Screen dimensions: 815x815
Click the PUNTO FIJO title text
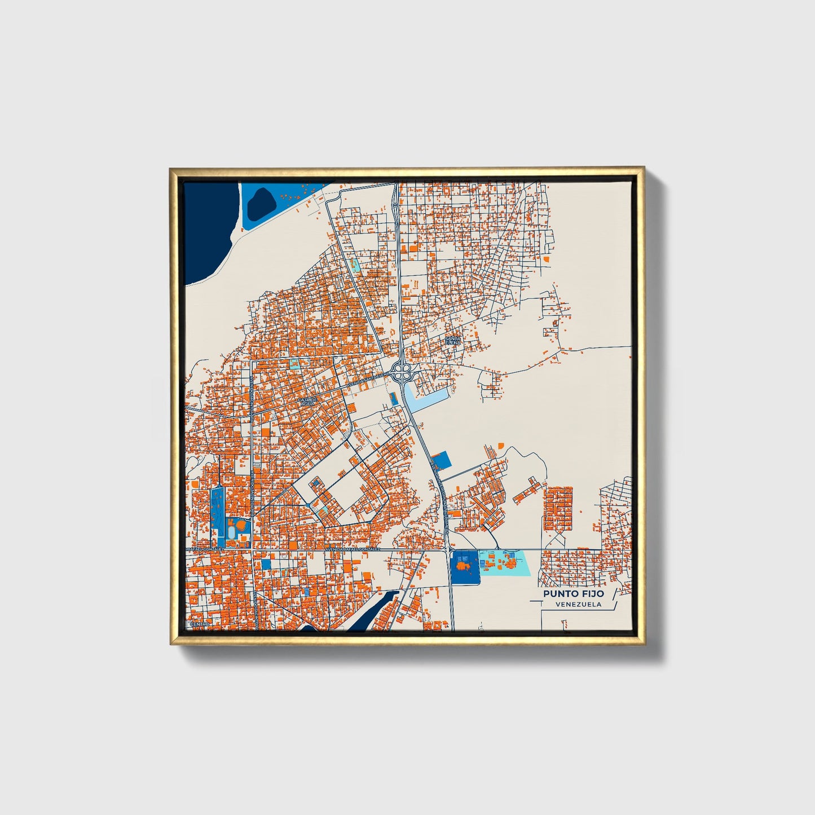click(574, 593)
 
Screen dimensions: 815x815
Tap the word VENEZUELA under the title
click(578, 604)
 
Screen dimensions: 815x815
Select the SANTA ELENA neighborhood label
click(453, 340)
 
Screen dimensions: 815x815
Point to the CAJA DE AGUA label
click(309, 401)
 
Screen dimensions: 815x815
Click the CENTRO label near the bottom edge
click(200, 624)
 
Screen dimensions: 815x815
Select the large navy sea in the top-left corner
click(205, 226)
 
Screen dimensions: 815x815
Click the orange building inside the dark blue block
click(464, 565)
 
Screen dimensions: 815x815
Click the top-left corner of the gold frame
click(170, 169)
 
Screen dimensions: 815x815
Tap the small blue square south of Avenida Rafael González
click(267, 564)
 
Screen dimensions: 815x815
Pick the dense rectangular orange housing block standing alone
click(558, 508)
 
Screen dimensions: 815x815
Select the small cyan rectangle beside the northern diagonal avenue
click(354, 263)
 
